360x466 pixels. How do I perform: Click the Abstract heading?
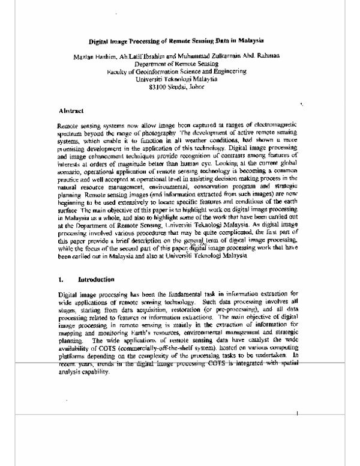[70, 112]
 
